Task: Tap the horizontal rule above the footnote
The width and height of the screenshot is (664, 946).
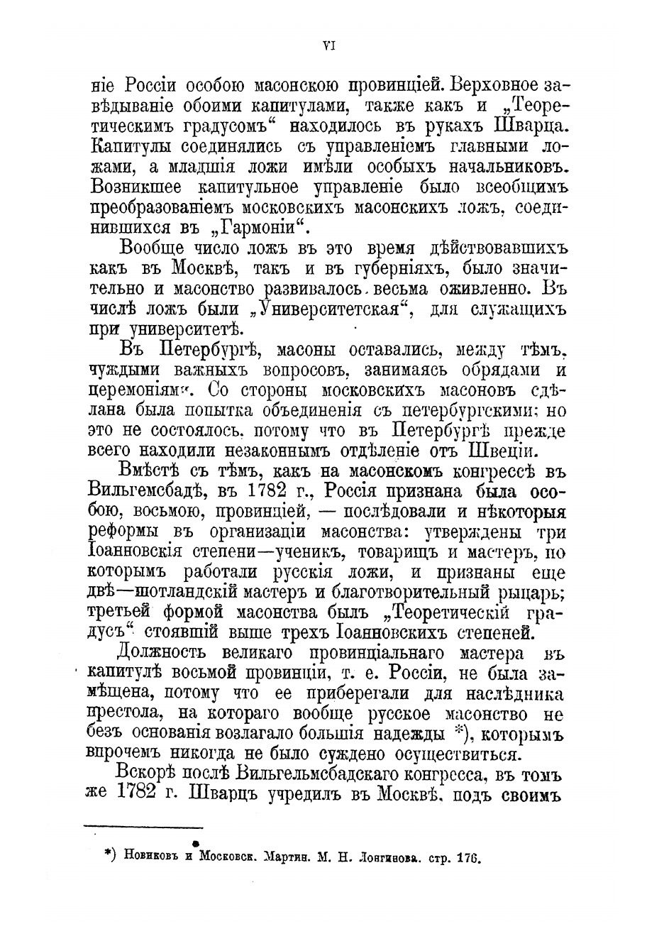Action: (143, 826)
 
